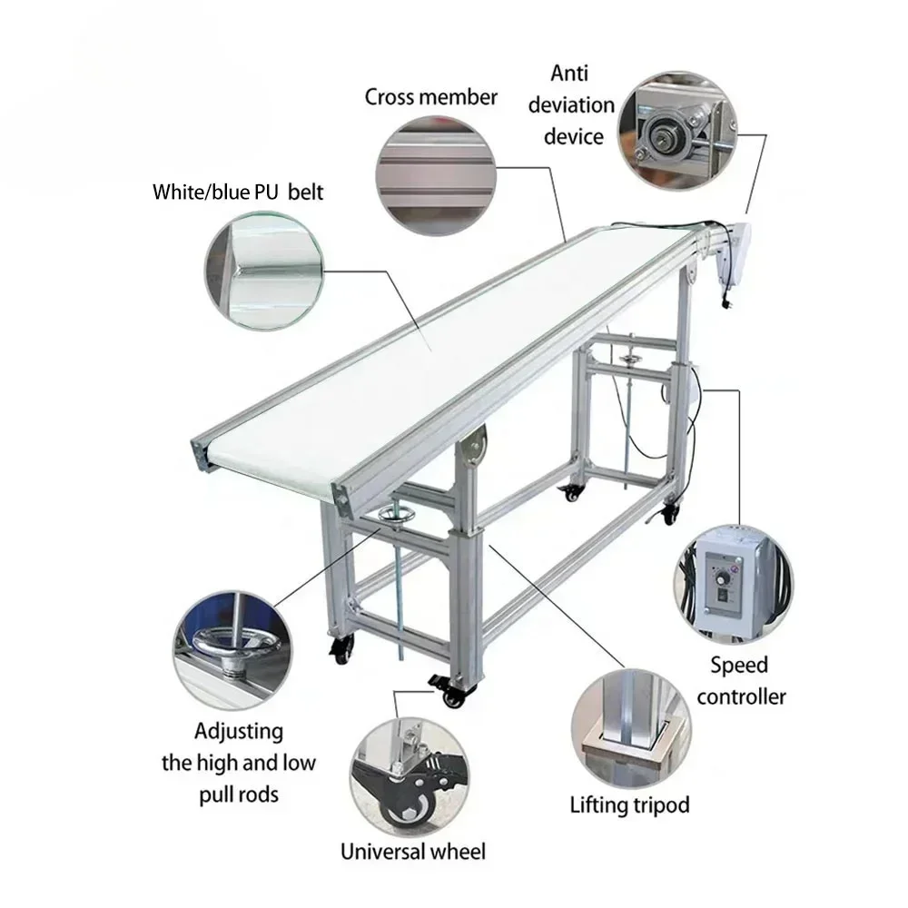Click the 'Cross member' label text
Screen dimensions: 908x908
point(431,97)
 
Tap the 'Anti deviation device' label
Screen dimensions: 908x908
point(578,105)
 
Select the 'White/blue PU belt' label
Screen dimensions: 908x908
point(237,192)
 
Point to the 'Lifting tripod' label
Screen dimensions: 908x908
point(629,804)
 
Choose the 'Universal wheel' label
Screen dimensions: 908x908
point(413,851)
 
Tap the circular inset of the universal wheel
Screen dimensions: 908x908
point(411,773)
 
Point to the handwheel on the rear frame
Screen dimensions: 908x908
point(626,360)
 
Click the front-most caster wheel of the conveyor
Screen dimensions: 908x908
point(450,696)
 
